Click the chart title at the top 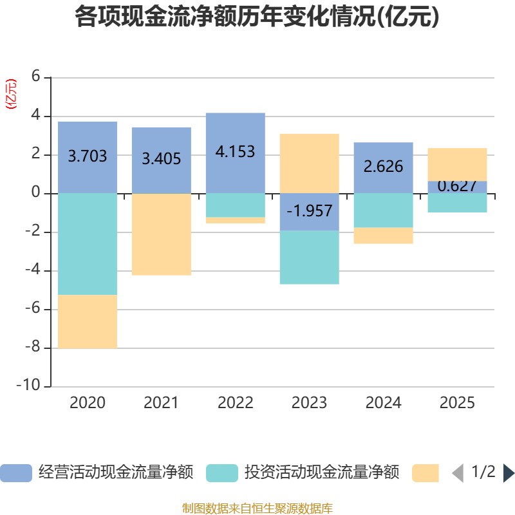[x=257, y=17]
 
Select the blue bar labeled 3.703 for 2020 [x=88, y=158]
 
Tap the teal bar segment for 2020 [x=88, y=244]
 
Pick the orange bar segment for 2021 [x=162, y=234]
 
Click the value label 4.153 [x=235, y=152]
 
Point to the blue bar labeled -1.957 [x=310, y=212]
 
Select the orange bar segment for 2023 [x=310, y=164]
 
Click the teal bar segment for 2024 [x=383, y=211]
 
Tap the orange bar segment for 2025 [x=457, y=165]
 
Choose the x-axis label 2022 [x=235, y=403]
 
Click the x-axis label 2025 [x=457, y=403]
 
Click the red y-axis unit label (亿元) [x=11, y=94]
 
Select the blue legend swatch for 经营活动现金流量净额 [x=16, y=473]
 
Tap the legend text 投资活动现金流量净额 [x=322, y=473]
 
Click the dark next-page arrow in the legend [x=509, y=473]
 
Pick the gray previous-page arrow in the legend [x=458, y=473]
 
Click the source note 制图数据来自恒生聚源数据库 [x=257, y=508]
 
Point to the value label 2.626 [x=383, y=167]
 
